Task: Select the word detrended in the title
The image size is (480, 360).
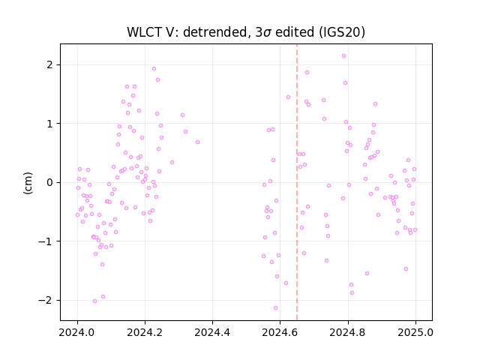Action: point(215,32)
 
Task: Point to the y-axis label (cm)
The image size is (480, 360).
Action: point(28,183)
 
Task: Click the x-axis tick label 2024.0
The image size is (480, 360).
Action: point(77,332)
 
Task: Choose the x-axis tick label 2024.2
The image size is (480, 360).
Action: point(145,332)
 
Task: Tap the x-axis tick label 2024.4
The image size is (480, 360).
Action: point(212,332)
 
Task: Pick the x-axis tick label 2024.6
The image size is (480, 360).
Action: point(280,332)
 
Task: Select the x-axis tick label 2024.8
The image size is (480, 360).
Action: point(348,332)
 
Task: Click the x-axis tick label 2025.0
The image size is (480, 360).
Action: point(415,332)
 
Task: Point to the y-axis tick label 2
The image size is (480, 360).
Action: point(50,65)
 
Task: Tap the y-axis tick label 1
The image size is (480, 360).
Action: point(50,124)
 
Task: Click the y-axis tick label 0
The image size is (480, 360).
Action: point(50,182)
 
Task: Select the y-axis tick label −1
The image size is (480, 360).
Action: point(46,241)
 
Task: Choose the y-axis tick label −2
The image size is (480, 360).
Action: point(46,300)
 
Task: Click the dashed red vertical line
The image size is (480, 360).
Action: point(297,182)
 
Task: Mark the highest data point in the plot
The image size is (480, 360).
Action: point(343,56)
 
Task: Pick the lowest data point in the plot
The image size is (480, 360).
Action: point(275,308)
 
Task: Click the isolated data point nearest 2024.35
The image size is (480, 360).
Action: point(197,142)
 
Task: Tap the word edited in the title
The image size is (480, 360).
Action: point(295,32)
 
